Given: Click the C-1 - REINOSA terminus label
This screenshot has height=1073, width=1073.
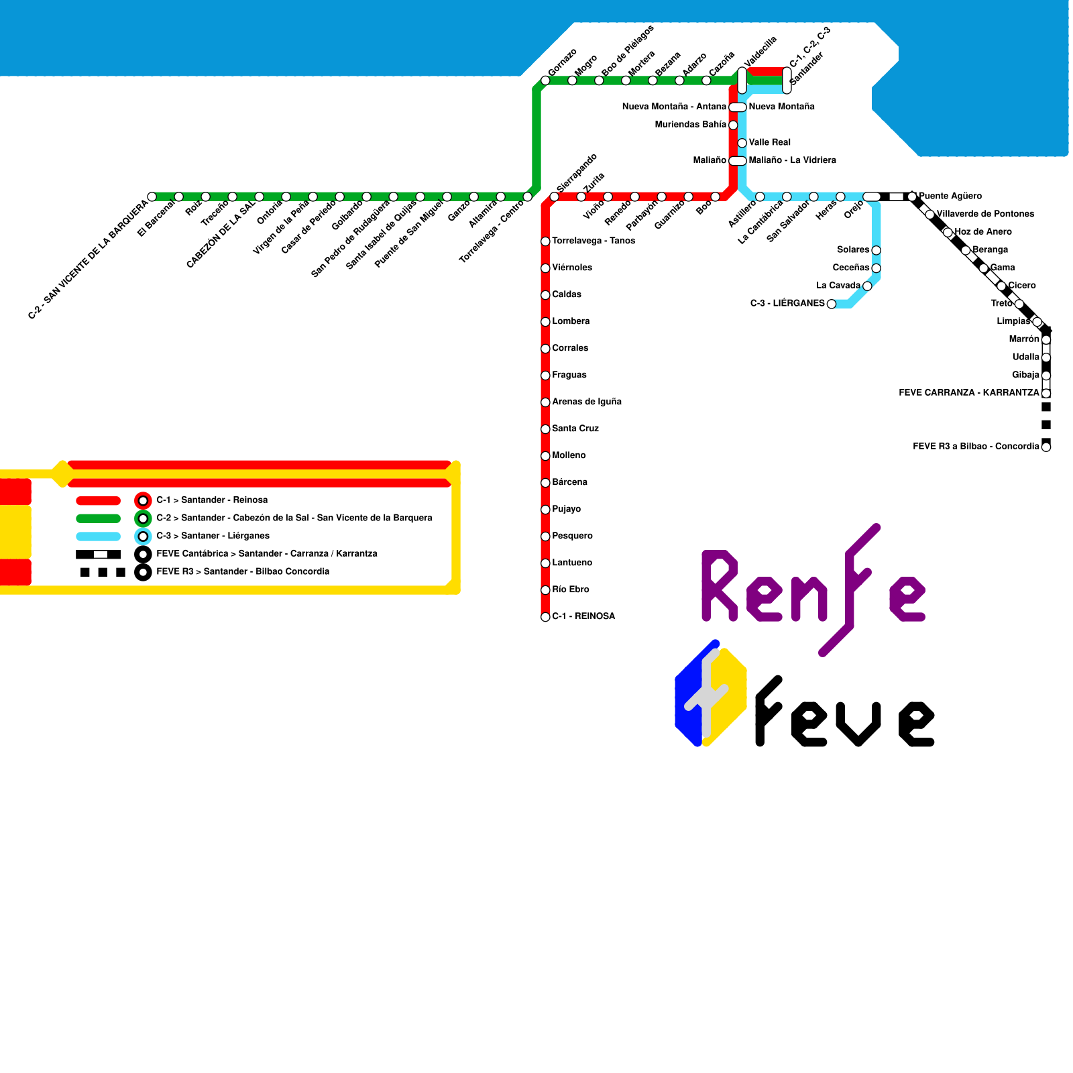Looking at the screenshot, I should tap(583, 616).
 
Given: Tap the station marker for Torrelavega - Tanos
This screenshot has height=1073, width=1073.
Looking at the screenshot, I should tap(545, 241).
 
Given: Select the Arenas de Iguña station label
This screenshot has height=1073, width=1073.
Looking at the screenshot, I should tap(587, 402).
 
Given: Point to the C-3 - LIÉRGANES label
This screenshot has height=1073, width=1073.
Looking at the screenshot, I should tap(787, 303).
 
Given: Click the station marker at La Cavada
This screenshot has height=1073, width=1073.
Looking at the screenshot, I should tap(867, 286).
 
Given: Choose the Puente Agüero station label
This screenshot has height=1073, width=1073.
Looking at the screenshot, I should tap(950, 196).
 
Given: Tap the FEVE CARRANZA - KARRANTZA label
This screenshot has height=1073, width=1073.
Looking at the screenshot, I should tap(968, 392).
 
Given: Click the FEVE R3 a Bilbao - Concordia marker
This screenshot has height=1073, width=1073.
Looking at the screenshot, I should tap(1046, 447).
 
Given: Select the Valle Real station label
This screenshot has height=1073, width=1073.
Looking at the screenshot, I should tap(770, 142).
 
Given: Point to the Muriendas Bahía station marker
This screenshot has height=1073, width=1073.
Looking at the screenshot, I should tap(733, 125).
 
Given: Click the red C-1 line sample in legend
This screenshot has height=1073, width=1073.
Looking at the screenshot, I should tap(99, 501).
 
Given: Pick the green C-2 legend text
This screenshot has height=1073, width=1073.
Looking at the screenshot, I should tap(294, 518).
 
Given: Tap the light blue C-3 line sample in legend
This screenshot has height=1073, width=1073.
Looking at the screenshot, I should tap(99, 536).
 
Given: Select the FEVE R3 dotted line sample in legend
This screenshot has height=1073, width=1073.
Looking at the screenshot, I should tap(102, 572).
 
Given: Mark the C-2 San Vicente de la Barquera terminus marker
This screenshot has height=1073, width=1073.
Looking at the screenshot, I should tap(152, 197).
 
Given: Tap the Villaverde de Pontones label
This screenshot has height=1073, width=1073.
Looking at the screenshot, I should tap(985, 214).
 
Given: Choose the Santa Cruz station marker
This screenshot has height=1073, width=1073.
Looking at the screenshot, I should tap(545, 429).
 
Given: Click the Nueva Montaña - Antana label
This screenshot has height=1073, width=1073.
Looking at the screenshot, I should tap(673, 107).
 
